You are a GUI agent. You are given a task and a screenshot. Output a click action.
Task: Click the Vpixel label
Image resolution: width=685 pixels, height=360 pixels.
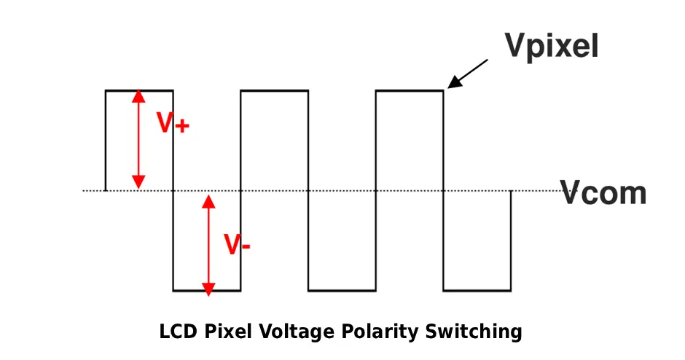pyautogui.click(x=552, y=45)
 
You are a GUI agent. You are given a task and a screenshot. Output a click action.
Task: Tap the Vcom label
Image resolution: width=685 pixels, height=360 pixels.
pyautogui.click(x=603, y=193)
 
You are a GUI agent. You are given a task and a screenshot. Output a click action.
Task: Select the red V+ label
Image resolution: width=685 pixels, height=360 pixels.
pyautogui.click(x=173, y=124)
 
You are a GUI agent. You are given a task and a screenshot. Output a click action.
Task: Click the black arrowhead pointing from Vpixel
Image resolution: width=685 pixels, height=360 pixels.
pyautogui.click(x=453, y=83)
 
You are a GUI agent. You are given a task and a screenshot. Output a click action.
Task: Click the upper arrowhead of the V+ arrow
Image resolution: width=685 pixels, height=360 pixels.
pyautogui.click(x=138, y=97)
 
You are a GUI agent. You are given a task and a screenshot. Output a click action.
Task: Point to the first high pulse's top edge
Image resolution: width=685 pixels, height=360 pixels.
pyautogui.click(x=139, y=90)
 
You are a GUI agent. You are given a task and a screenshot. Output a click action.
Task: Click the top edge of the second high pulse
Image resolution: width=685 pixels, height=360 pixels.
pyautogui.click(x=275, y=90)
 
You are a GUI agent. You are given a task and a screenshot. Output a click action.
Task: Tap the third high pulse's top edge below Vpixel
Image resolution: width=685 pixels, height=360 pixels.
pyautogui.click(x=410, y=90)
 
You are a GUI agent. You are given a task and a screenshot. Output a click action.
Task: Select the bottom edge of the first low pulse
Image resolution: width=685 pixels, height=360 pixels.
pyautogui.click(x=207, y=291)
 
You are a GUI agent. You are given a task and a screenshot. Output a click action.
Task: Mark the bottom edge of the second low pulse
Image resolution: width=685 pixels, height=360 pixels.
pyautogui.click(x=342, y=291)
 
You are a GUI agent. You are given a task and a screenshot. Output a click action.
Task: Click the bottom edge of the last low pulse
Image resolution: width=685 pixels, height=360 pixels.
pyautogui.click(x=477, y=291)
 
